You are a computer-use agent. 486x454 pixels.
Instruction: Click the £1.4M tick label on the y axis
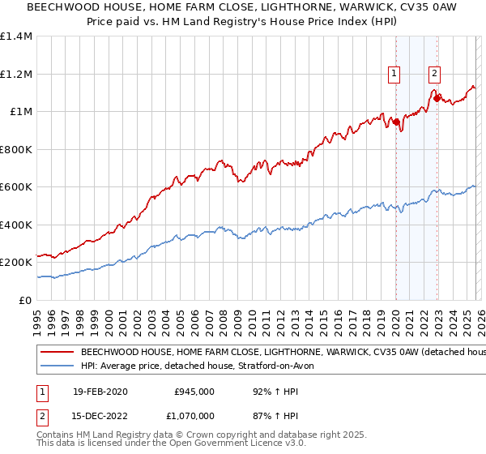[x=16, y=36]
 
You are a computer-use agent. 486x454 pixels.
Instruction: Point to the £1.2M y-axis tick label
[x=16, y=74]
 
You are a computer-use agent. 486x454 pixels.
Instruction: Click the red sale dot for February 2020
[x=396, y=122]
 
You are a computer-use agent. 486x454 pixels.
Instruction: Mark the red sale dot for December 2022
[x=437, y=99]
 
